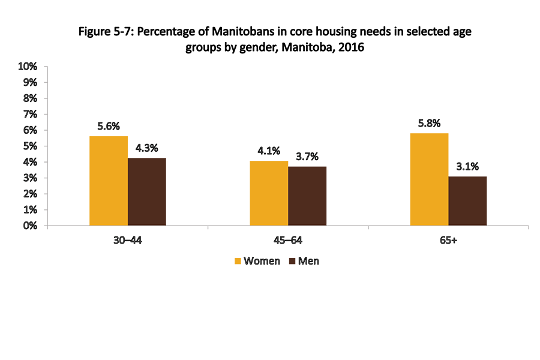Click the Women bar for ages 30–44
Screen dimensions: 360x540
point(109,181)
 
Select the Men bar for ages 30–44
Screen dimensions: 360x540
point(147,191)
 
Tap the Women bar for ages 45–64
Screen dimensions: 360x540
point(269,193)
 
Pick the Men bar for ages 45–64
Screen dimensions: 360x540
point(307,196)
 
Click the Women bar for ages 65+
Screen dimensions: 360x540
point(429,179)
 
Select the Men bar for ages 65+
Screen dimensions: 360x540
point(467,201)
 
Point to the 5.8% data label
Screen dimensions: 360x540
point(429,124)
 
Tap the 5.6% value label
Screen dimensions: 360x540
point(109,127)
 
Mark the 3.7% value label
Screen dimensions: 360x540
point(307,157)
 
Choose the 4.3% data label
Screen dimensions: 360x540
point(147,148)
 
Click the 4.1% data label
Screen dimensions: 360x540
point(269,151)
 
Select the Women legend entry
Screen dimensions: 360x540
point(257,262)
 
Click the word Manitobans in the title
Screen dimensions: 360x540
point(233,32)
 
